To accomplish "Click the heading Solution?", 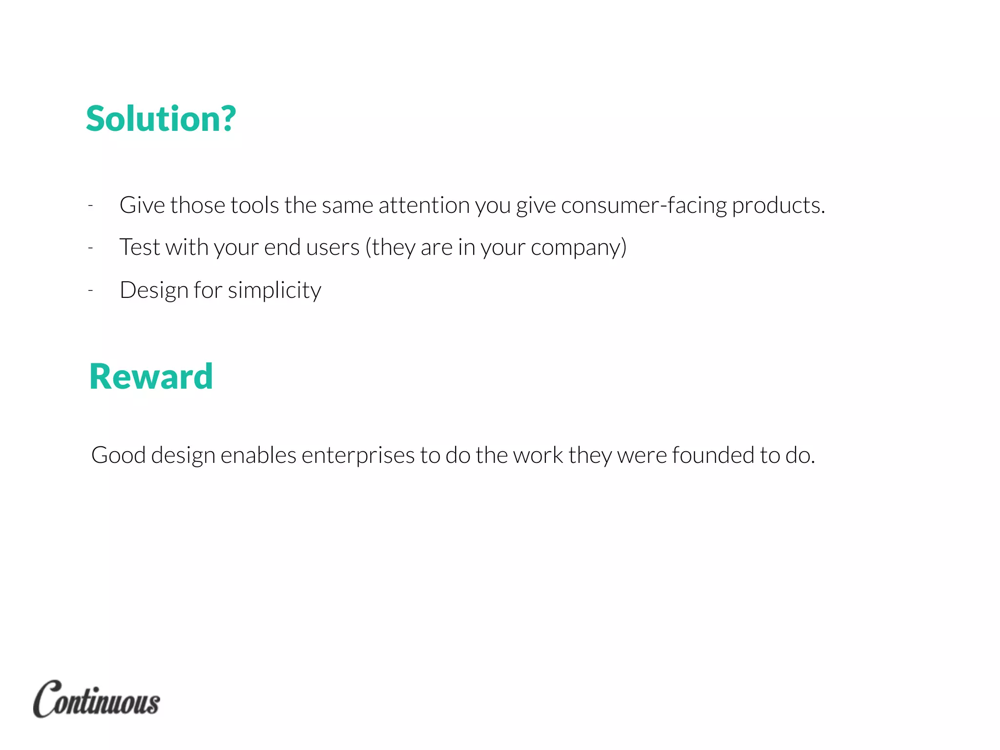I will tap(161, 119).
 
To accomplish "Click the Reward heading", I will tap(151, 377).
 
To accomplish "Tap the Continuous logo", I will tap(96, 699).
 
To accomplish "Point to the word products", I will tap(778, 206).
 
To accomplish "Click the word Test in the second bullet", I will tap(140, 247).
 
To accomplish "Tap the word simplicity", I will tap(274, 291).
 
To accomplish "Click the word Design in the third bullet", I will tap(154, 291).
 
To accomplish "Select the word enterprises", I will tap(358, 456).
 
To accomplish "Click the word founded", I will tap(713, 455).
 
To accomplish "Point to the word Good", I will tap(119, 455).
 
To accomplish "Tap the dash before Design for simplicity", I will tap(90, 291).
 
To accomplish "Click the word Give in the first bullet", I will tap(142, 206).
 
